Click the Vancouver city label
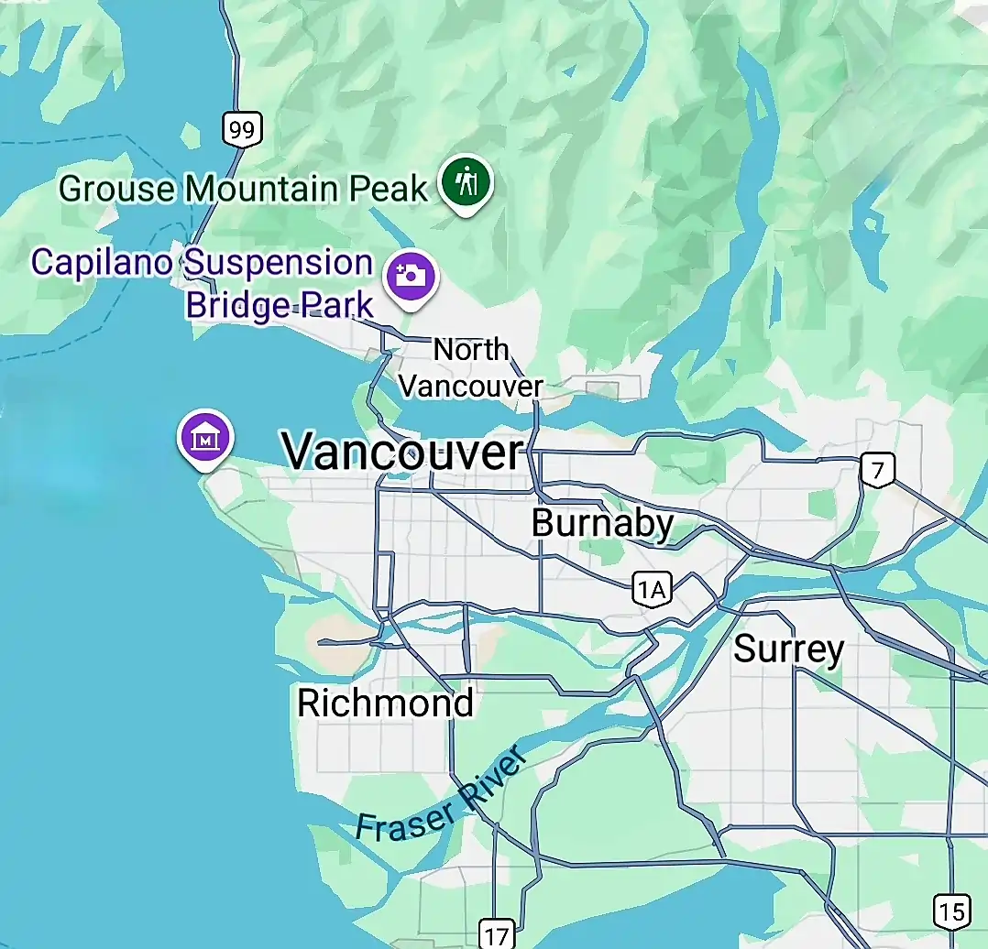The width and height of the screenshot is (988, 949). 402,452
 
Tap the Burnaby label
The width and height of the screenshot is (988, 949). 602,523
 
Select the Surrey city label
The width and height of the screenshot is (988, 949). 788,649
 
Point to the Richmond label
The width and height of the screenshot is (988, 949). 385,703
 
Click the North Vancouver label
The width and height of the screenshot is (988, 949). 471,367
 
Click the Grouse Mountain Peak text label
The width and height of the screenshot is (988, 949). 243,189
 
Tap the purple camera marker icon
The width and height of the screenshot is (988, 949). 411,275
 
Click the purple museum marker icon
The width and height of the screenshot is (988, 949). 206,437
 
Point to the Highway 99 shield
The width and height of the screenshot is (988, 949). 242,129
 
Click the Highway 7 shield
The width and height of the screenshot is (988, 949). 878,471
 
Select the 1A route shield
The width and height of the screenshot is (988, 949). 650,590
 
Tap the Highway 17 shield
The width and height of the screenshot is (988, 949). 496,934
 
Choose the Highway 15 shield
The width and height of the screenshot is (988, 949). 950,911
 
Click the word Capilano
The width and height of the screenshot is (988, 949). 102,262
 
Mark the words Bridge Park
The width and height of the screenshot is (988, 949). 280,304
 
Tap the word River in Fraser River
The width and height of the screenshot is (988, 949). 495,777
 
